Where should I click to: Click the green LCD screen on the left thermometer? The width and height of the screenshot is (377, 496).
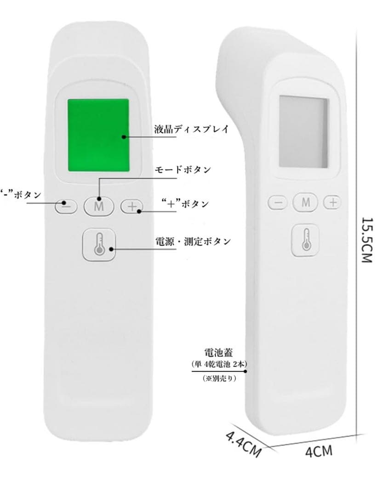coord(98,135)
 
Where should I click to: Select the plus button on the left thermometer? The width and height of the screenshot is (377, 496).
coord(132,206)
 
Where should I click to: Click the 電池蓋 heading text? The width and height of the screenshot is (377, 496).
coord(218,352)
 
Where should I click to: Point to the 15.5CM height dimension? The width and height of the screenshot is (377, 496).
coord(366,240)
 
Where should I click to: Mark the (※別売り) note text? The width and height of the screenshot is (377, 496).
coord(219,378)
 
